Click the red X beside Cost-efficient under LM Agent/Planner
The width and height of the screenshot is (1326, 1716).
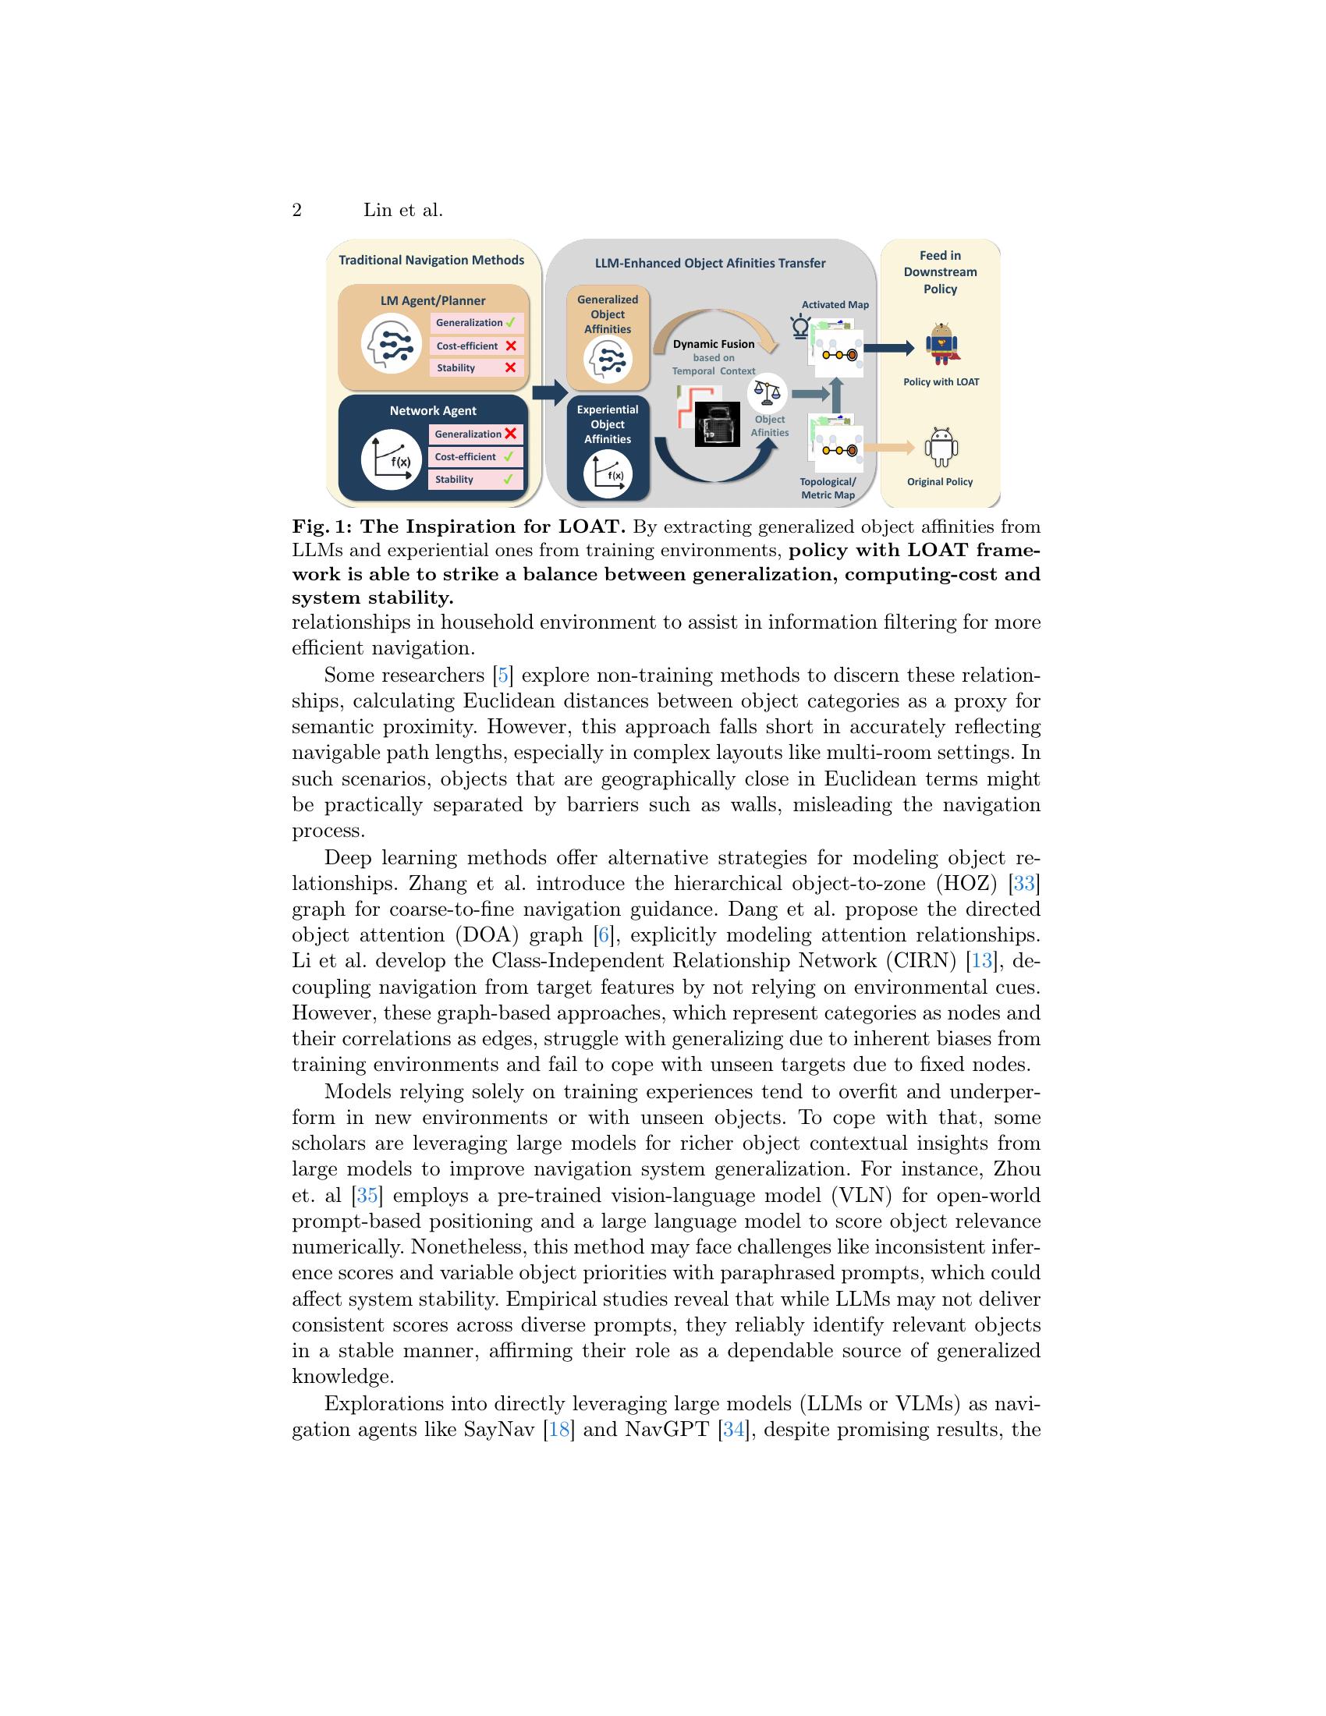tap(511, 346)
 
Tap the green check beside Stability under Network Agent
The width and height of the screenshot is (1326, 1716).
tap(509, 478)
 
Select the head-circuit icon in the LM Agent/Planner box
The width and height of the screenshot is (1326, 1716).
tap(391, 343)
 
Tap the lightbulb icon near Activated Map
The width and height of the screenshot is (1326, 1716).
tap(799, 326)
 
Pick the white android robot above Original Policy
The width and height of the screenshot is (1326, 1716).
tap(940, 448)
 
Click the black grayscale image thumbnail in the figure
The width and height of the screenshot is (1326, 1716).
tap(717, 424)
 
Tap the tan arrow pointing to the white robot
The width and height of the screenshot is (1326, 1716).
tap(888, 448)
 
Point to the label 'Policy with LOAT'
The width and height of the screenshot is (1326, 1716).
tap(941, 382)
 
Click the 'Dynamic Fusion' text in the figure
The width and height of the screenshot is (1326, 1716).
tap(713, 344)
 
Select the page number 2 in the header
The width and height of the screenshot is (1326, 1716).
tap(297, 211)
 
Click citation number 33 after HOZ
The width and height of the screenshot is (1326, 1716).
tap(1023, 883)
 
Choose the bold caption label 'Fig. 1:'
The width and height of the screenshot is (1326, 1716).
tap(321, 526)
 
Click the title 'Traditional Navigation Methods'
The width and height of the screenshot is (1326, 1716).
tap(431, 260)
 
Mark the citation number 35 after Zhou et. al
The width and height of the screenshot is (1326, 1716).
tap(367, 1195)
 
